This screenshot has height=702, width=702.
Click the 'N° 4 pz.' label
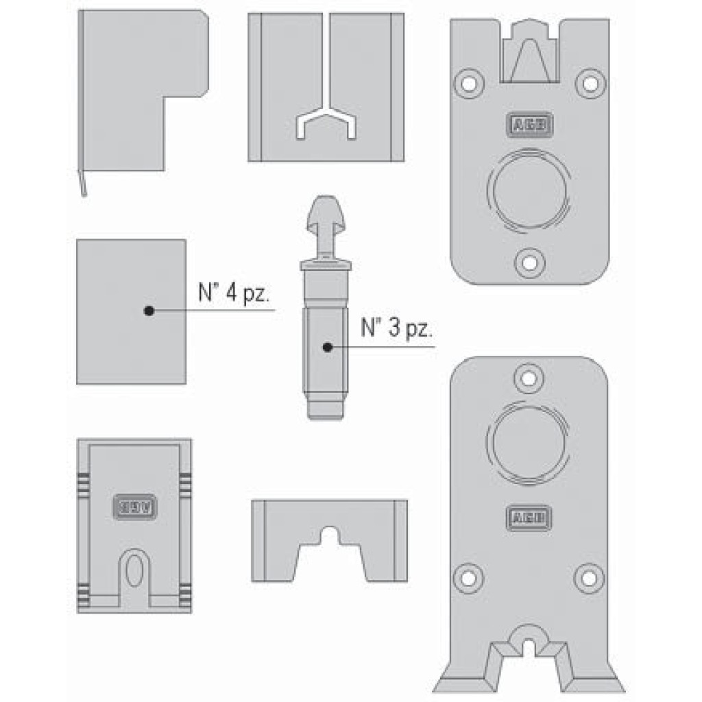point(229,296)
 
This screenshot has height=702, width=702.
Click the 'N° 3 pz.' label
point(397,328)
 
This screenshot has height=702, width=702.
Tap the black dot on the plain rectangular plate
point(148,311)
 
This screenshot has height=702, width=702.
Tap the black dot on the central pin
point(328,348)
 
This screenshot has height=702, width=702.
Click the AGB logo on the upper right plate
point(530,123)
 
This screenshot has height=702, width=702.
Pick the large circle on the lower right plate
point(527,444)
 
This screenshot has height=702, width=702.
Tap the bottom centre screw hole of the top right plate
point(529,263)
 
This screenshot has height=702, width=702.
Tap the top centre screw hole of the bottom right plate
point(528,378)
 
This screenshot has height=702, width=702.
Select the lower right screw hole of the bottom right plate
point(588,577)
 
